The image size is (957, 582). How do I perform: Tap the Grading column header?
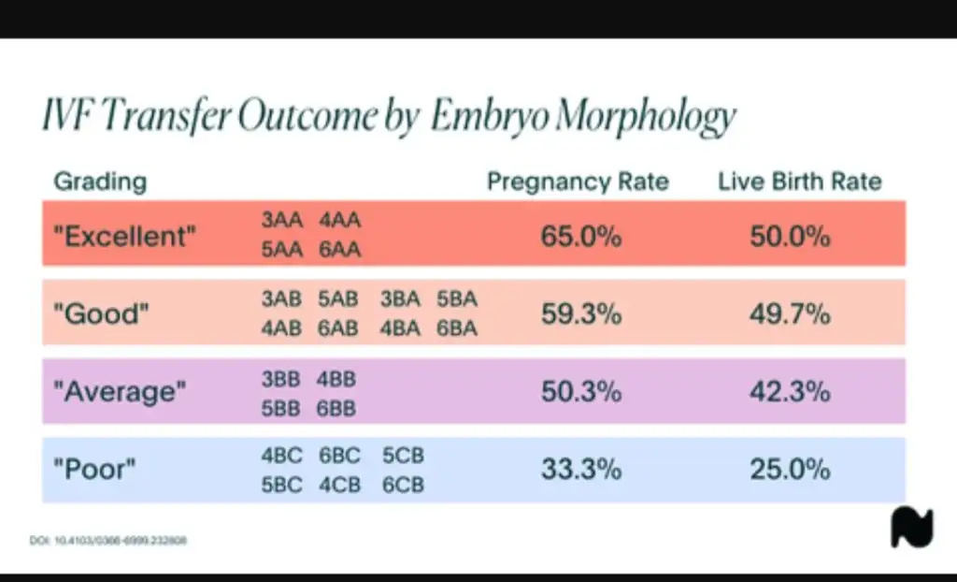pos(100,182)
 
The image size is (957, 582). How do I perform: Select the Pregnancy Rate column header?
pos(578,182)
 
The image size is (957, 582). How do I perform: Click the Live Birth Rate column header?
pos(799,182)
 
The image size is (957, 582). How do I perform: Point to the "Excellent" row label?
pos(126,236)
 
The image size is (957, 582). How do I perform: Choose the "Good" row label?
pos(102,313)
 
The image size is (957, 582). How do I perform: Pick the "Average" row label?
pos(120,391)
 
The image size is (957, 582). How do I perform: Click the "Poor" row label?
pos(94,470)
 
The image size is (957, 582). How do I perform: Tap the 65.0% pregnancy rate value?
pos(581,236)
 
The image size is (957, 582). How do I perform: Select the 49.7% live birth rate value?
pos(790,313)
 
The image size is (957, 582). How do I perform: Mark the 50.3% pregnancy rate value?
pos(581,391)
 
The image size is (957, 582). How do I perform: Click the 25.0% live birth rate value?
pos(790,470)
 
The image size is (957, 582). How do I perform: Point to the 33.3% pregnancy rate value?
pos(581,470)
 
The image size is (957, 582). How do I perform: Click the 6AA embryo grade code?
pos(339,251)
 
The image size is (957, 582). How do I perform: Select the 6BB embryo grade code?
pos(337,407)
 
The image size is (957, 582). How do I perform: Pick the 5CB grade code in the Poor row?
pos(403,456)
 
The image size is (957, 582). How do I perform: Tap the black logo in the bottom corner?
pos(911,529)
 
